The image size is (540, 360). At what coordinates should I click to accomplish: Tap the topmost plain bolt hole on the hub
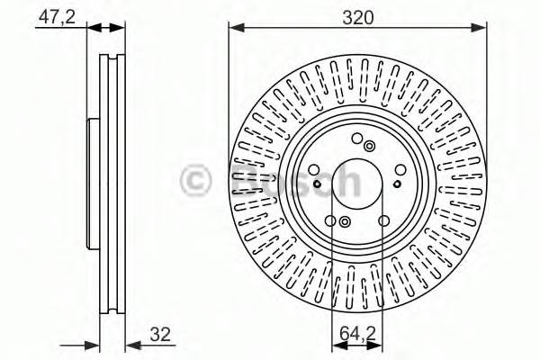coord(358,138)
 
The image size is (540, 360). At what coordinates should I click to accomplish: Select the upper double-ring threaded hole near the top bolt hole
coord(369,145)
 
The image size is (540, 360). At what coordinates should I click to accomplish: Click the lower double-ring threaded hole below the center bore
coord(346,221)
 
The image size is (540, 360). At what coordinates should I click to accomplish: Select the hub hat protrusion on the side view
coord(89,180)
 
